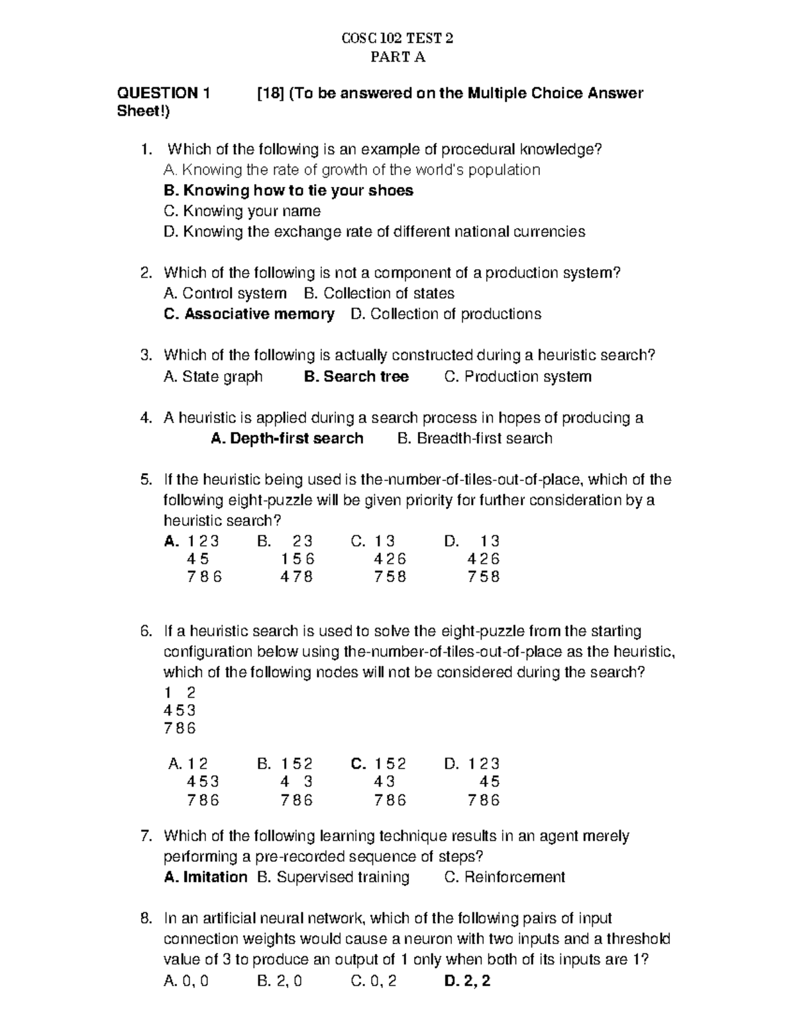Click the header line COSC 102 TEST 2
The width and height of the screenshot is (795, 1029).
click(397, 38)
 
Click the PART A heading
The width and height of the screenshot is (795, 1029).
click(397, 58)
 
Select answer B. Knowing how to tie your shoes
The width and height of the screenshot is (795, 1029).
click(288, 191)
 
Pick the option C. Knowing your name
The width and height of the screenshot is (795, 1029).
click(242, 211)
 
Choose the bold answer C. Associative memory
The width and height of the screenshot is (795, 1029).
click(249, 314)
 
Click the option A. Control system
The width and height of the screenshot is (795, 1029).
click(225, 294)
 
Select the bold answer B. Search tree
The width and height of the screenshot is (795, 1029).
click(356, 377)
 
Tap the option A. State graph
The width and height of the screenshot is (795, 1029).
click(213, 377)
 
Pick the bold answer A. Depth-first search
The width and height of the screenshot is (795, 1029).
click(287, 439)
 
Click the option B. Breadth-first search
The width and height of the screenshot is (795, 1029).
click(474, 439)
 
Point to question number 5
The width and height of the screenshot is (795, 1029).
click(146, 480)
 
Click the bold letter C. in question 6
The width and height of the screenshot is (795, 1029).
click(358, 764)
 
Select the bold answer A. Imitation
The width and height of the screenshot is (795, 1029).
click(205, 877)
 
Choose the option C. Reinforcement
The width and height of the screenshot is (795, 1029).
click(504, 877)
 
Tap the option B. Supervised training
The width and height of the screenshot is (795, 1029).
click(333, 877)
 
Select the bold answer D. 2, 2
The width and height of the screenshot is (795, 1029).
click(467, 981)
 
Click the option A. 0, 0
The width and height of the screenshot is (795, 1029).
click(185, 981)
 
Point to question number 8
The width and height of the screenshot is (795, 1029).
click(146, 918)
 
